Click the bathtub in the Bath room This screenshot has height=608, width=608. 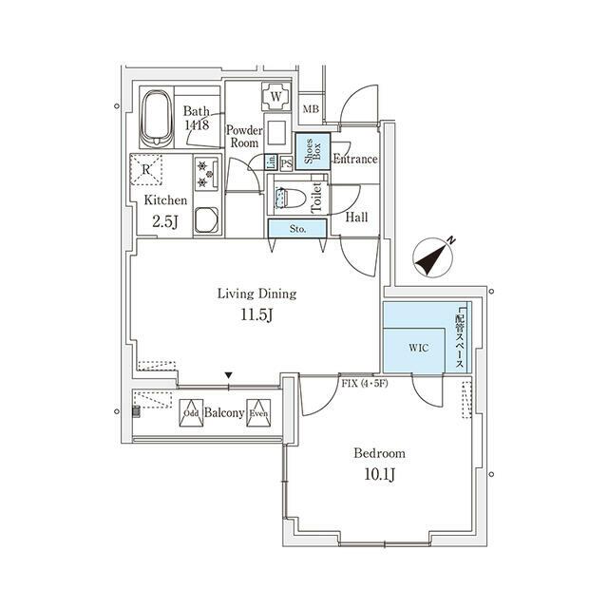click(x=156, y=119)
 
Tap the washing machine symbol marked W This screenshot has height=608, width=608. click(x=276, y=96)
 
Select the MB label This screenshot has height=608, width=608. click(x=311, y=109)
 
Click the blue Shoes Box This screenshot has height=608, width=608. click(x=313, y=151)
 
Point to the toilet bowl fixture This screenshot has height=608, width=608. click(x=290, y=197)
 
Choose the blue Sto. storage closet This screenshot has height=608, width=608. click(x=297, y=229)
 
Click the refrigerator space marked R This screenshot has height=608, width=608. click(x=145, y=169)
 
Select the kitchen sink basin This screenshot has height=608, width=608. click(x=206, y=220)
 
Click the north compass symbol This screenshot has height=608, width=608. click(x=433, y=257)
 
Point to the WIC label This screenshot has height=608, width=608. click(x=419, y=348)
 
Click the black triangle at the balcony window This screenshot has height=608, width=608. click(x=228, y=375)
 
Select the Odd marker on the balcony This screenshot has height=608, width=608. click(x=191, y=413)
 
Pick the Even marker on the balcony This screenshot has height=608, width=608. click(x=258, y=413)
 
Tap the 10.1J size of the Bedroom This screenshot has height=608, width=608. click(x=379, y=474)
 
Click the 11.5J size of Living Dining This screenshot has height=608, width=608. click(x=256, y=314)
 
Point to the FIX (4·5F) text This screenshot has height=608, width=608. click(x=365, y=384)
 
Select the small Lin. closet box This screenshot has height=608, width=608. click(x=271, y=162)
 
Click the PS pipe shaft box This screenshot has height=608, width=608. click(x=286, y=163)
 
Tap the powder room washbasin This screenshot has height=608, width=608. click(x=276, y=133)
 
